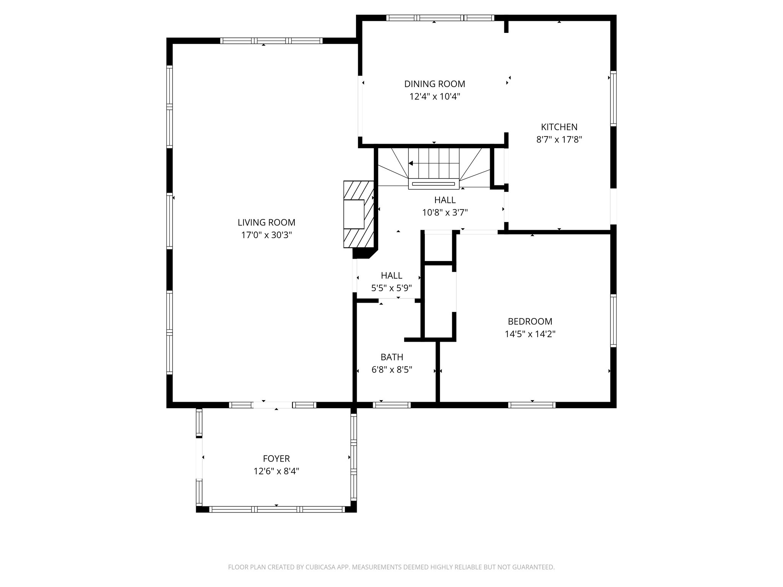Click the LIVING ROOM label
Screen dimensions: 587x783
tap(266, 222)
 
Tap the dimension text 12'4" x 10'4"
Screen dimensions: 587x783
tap(434, 97)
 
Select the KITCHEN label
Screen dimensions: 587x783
tap(559, 127)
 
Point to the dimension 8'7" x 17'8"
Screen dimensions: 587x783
tap(559, 139)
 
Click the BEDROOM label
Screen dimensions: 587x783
tap(530, 321)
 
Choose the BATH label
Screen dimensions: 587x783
tap(391, 357)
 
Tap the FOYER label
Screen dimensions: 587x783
tap(276, 459)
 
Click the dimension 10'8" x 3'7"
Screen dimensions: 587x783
tap(445, 212)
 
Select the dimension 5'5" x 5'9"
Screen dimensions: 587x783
tap(391, 288)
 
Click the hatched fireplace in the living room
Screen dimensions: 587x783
tap(359, 214)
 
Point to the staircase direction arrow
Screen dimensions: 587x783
tap(411, 164)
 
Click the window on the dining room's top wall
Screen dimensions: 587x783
tap(440, 18)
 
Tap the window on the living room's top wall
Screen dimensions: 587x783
tap(271, 41)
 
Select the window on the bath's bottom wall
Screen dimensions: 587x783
tap(391, 405)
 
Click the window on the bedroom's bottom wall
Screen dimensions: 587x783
tap(531, 405)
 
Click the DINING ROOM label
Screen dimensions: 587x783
tap(434, 84)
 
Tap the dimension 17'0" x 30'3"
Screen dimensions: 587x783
tap(266, 235)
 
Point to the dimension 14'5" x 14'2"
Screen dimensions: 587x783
tap(530, 334)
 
